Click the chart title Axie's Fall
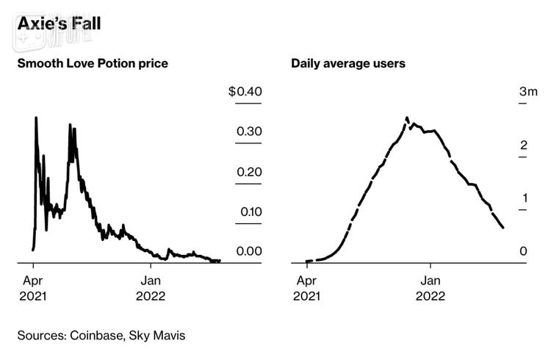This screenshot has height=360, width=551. click(x=60, y=24)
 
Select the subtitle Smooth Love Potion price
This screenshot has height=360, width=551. click(x=93, y=63)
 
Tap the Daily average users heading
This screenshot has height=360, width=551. click(x=348, y=63)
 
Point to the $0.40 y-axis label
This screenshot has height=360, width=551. click(x=245, y=92)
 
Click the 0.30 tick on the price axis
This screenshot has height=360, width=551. click(x=248, y=132)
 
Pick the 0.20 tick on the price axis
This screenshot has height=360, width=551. click(x=248, y=172)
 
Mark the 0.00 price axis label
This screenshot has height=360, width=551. click(x=248, y=251)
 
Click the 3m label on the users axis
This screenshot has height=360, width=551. click(x=528, y=92)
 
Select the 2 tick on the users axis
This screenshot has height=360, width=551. click(x=524, y=145)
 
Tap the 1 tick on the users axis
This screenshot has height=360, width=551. click(x=524, y=198)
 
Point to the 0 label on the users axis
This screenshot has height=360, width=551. click(x=524, y=251)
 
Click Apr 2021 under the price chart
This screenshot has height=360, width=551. click(x=33, y=288)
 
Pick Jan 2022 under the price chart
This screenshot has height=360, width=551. click(x=151, y=288)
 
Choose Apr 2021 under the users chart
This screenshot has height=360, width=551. click(x=306, y=288)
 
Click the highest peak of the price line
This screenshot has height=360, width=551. click(x=35, y=118)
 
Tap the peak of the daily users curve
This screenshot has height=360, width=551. click(x=407, y=118)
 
